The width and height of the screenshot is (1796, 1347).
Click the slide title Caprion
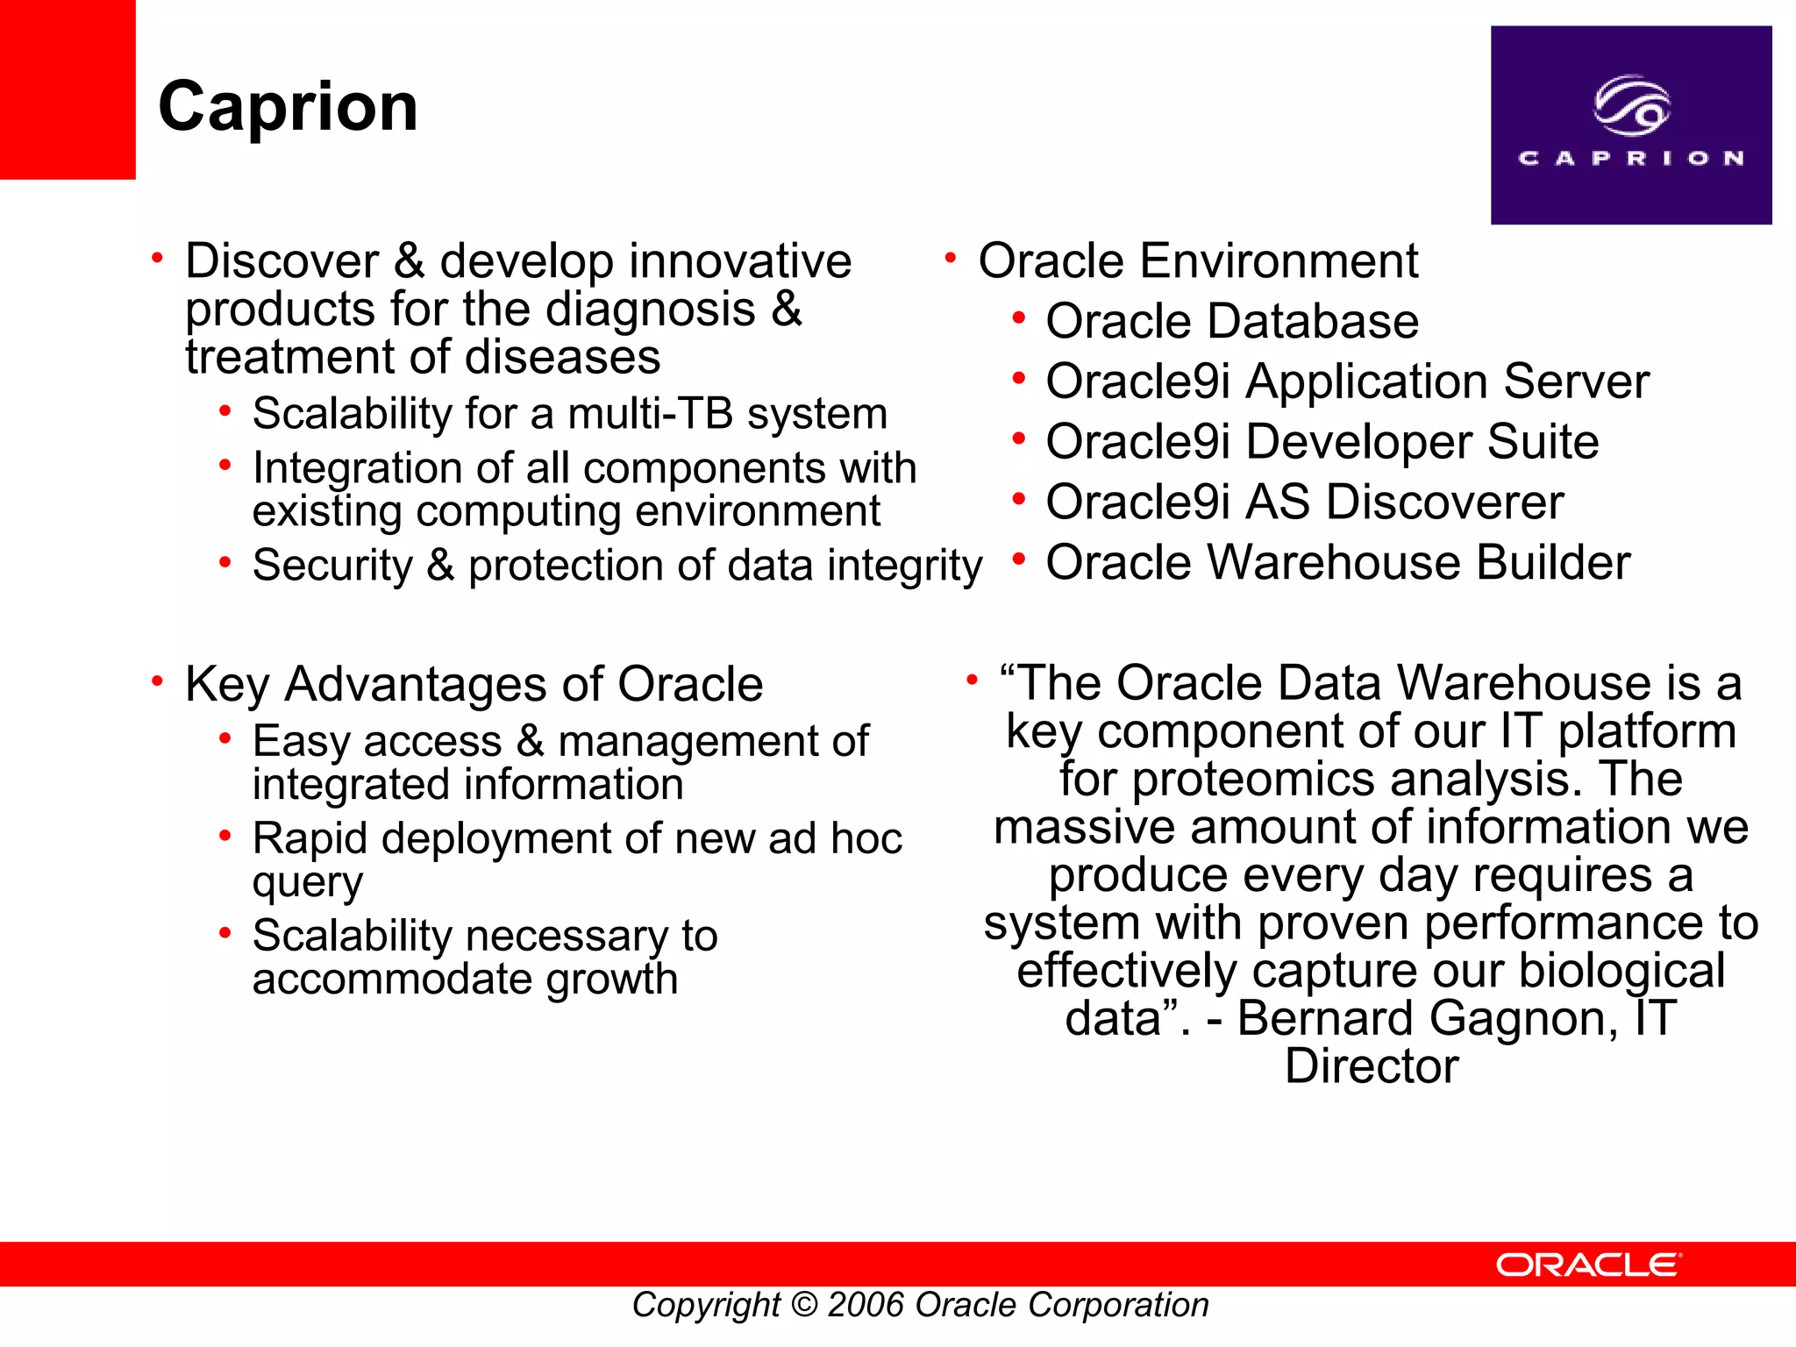pos(288,107)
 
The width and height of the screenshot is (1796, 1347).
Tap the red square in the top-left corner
pos(67,88)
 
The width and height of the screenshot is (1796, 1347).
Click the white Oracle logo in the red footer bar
pos(1588,1265)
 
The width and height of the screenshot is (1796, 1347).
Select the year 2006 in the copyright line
pos(865,1305)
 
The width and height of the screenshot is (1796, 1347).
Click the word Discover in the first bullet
pos(282,261)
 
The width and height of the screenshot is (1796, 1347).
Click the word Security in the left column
pos(331,566)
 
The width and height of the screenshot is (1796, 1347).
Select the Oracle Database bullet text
pos(1231,322)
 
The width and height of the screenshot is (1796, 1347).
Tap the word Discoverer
pos(1444,502)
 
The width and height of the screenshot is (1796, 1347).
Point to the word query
pos(307,883)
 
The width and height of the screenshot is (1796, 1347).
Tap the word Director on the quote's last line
pos(1371,1066)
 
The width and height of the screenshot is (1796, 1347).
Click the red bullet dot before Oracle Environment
pos(950,259)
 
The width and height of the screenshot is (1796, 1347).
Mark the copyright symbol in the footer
pos(803,1305)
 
